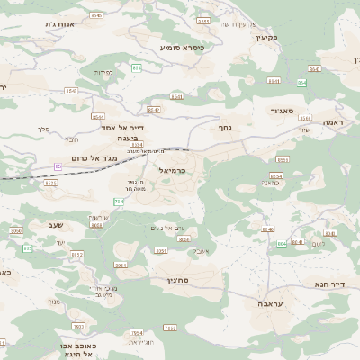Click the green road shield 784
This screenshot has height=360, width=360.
coord(118,200)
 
